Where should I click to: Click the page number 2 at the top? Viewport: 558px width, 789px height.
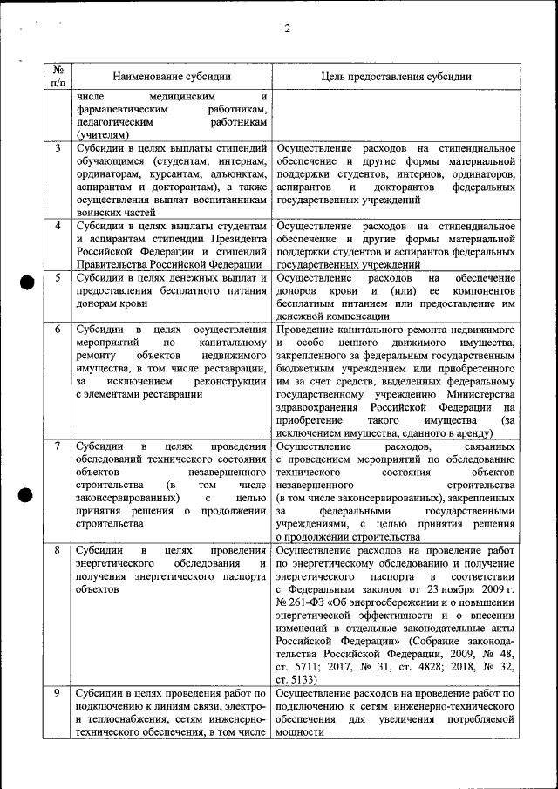tap(287, 29)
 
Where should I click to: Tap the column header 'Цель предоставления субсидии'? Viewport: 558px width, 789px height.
tap(395, 77)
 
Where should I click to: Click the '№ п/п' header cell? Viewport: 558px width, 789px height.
tap(58, 76)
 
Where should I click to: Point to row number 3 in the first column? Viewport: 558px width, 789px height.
tap(58, 148)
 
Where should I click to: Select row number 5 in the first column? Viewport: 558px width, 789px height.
tap(58, 278)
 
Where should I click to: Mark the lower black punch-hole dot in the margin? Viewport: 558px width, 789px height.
tap(27, 495)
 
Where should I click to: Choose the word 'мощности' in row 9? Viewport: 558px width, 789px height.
tap(299, 732)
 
